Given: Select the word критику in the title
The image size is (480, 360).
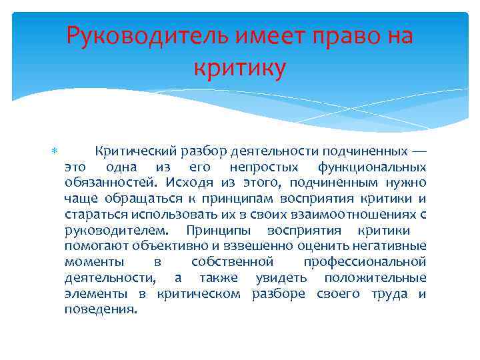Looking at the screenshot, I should pyautogui.click(x=240, y=67).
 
